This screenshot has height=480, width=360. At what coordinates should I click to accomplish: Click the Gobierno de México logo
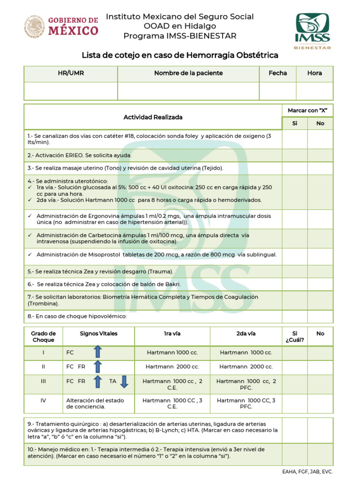61,26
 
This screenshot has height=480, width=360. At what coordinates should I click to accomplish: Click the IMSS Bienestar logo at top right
312,30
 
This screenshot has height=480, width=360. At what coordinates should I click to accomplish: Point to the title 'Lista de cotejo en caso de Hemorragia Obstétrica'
180,55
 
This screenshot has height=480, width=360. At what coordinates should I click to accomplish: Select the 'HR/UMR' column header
71,74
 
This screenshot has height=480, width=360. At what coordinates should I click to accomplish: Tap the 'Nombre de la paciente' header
188,74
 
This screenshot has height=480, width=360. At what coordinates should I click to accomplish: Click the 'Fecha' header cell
277,74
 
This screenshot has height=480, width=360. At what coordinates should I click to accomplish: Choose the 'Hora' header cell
315,74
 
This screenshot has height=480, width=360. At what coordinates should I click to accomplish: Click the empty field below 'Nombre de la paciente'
188,91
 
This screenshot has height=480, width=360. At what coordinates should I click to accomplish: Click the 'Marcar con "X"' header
307,111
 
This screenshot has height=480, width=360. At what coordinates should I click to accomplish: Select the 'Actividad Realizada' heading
153,117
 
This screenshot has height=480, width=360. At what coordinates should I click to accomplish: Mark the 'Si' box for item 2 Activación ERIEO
294,155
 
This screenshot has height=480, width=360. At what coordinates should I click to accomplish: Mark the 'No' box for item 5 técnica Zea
320,271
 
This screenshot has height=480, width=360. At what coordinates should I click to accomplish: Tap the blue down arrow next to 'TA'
124,382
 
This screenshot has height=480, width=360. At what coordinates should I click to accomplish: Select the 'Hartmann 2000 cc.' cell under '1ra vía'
172,367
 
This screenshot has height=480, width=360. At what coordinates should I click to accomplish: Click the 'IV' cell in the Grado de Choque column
43,401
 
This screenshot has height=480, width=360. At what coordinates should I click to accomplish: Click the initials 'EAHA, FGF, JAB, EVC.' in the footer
314,472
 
